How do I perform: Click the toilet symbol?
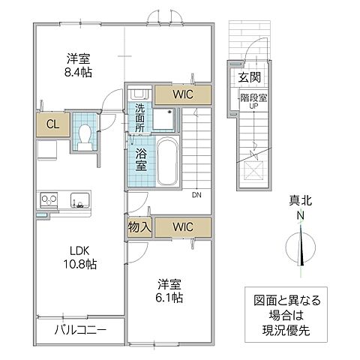pyautogui.click(x=85, y=133)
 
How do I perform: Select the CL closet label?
pyautogui.click(x=52, y=124)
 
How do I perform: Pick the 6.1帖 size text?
pyautogui.click(x=170, y=296)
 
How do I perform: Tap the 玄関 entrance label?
pyautogui.click(x=250, y=77)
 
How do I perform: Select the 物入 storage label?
pyautogui.click(x=139, y=226)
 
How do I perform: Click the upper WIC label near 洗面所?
pyautogui.click(x=182, y=94)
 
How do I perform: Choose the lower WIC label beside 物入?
pyautogui.click(x=182, y=226)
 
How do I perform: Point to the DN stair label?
pyautogui.click(x=196, y=196)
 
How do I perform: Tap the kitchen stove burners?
pyautogui.click(x=49, y=199)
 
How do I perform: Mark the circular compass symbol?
pyautogui.click(x=301, y=247)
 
